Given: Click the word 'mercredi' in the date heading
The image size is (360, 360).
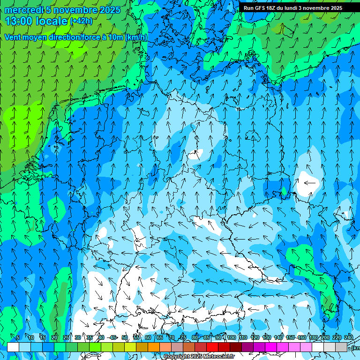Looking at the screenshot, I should click(23, 10).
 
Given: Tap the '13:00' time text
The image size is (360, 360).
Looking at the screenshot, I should click(20, 21).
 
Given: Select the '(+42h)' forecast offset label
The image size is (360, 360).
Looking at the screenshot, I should click(81, 21).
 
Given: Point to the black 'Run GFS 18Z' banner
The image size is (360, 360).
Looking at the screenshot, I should click(299, 8).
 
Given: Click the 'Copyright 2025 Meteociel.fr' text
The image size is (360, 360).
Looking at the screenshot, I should click(199, 357).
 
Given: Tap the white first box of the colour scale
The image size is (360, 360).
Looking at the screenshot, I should click(13, 347).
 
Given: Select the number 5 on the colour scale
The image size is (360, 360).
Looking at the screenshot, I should click(18, 337).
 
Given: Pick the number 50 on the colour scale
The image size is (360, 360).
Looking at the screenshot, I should click(125, 337).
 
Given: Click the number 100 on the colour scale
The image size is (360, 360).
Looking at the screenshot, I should click(232, 337).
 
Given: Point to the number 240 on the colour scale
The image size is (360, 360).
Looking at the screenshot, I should click(349, 337).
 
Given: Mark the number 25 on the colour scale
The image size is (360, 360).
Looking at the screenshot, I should click(66, 337).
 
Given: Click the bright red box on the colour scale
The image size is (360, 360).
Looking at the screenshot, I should click(212, 347).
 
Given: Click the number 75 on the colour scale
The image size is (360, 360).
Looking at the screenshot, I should click(183, 337).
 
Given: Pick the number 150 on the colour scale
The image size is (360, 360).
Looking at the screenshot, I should click(290, 337).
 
